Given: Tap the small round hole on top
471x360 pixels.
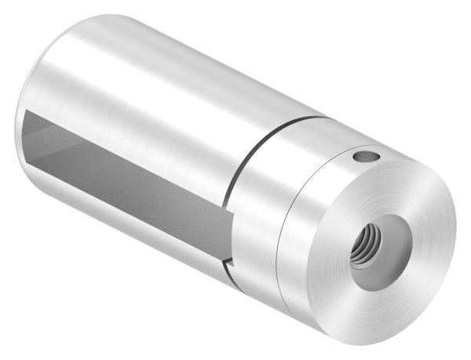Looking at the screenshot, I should coord(363,158).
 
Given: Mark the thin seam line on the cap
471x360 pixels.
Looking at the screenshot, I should coord(282,235).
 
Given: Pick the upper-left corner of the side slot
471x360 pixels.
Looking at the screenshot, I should coord(25,111).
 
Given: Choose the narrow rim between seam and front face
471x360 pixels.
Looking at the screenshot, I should coord(302,259).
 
